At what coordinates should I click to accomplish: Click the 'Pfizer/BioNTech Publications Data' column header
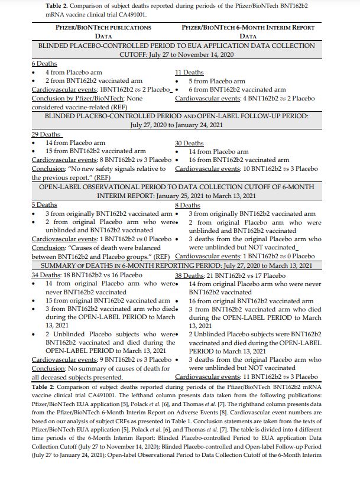(x=103, y=31)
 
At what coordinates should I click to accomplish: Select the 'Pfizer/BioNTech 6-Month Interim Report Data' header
(x=248, y=31)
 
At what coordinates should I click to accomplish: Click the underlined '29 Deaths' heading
(x=45, y=135)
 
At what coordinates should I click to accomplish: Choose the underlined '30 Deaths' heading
(x=189, y=144)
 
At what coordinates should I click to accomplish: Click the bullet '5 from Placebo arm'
(x=217, y=82)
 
